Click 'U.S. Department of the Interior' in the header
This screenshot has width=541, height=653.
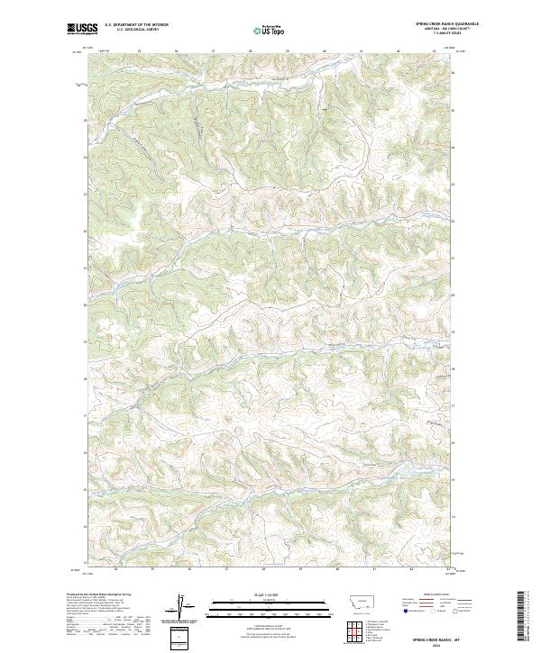click(x=137, y=24)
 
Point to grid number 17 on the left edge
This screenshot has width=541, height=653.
click(x=86, y=416)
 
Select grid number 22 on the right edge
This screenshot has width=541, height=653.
click(x=454, y=221)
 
